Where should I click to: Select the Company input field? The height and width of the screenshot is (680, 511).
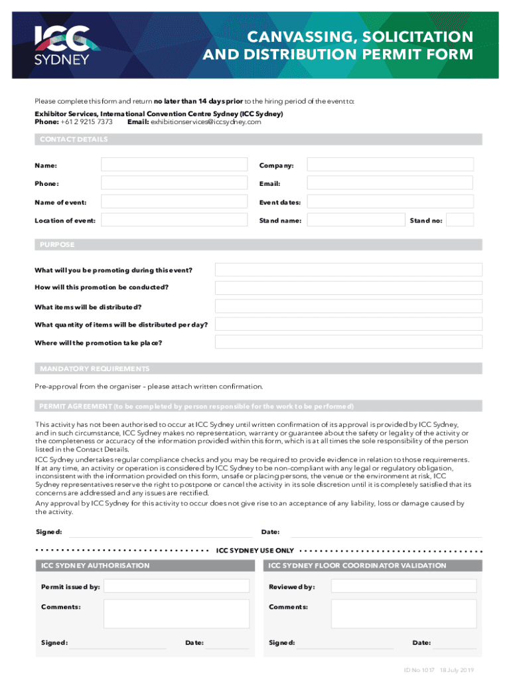click(390, 165)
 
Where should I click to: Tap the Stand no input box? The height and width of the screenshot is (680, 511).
click(461, 220)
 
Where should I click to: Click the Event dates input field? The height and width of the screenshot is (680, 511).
click(390, 202)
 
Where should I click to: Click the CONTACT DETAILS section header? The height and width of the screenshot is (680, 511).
click(74, 139)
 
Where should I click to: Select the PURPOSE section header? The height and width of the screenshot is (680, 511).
click(57, 245)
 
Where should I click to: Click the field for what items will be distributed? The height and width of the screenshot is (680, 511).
click(348, 306)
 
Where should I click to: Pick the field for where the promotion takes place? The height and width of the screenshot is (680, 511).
click(348, 342)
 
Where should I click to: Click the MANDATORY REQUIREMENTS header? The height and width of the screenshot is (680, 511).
click(94, 369)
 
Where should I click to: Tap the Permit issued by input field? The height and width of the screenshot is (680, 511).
click(177, 586)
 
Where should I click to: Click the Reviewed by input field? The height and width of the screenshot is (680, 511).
click(403, 586)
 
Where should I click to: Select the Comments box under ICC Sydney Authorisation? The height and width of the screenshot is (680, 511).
click(177, 614)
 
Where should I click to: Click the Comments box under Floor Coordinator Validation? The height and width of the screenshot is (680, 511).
click(403, 614)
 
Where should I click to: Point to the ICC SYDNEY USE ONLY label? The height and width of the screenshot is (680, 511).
click(256, 551)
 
